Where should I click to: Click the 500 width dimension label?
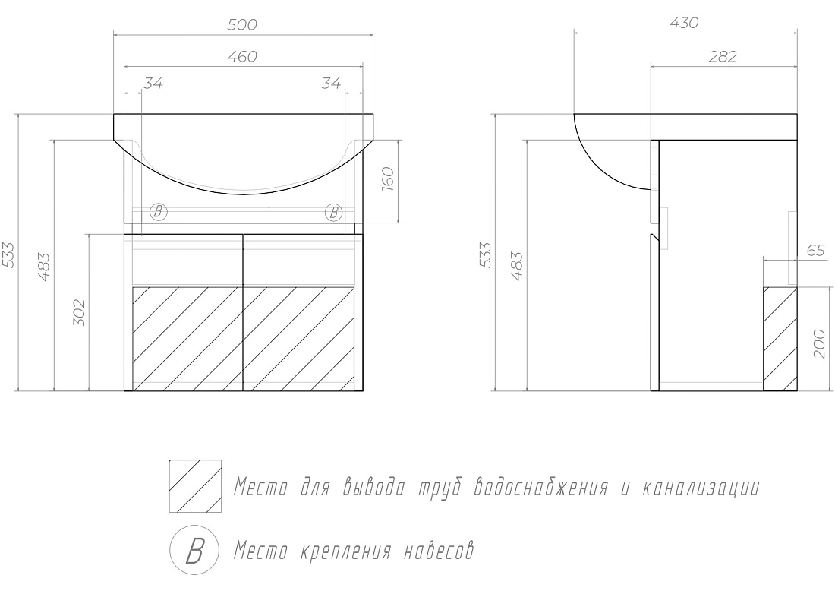click(242, 24)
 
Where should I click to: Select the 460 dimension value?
click(242, 56)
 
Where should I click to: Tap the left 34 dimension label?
click(153, 83)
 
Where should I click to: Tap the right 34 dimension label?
click(331, 83)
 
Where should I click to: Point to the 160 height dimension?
click(388, 179)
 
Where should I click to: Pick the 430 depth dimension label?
click(684, 23)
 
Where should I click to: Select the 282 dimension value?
click(722, 56)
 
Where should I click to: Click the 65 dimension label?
click(815, 250)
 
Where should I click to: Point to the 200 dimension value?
click(820, 343)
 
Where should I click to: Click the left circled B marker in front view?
click(158, 212)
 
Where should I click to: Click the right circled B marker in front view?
click(333, 213)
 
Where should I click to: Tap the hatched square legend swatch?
click(195, 486)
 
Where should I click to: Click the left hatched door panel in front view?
click(187, 339)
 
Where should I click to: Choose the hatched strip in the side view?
click(780, 339)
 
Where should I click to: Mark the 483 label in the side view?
click(516, 265)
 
